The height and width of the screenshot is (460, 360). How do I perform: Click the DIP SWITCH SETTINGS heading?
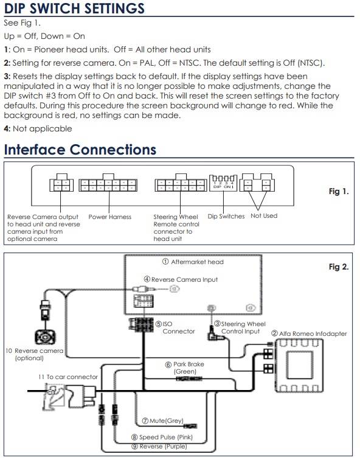[74, 8]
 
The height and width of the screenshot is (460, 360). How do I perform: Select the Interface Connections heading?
[80, 149]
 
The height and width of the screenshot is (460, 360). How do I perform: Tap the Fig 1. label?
[339, 192]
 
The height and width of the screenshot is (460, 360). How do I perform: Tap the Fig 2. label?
[339, 267]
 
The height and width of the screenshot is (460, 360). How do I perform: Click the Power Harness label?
[110, 217]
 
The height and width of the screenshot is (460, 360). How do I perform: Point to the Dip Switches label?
[226, 216]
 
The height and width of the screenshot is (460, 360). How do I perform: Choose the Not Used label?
[264, 215]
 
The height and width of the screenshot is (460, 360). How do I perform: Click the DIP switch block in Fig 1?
[223, 183]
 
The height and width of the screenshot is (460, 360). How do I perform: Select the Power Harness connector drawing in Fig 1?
[108, 183]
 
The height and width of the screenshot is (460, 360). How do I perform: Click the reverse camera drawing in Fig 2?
[45, 337]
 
